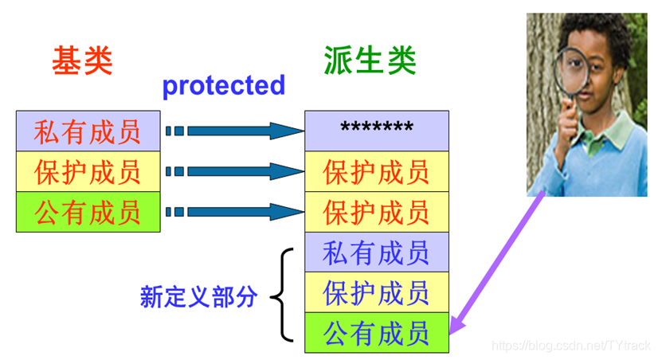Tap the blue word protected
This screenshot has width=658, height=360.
[x=224, y=85]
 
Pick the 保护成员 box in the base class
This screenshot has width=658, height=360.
[x=88, y=172]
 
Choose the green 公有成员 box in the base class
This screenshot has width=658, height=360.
[x=88, y=212]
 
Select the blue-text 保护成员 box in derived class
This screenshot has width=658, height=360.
[x=377, y=293]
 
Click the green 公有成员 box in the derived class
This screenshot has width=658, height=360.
[x=377, y=333]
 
